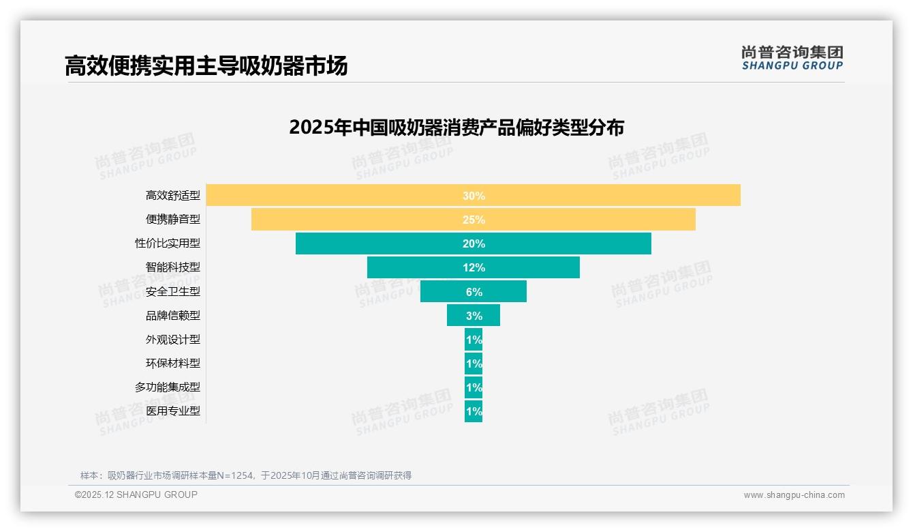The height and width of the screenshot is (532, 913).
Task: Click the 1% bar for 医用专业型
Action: click(474, 411)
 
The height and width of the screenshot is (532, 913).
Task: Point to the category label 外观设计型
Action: click(173, 339)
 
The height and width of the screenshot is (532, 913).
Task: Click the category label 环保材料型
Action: click(173, 363)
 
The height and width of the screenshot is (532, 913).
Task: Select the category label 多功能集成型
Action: click(168, 387)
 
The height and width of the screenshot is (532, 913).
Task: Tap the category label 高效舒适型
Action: click(173, 196)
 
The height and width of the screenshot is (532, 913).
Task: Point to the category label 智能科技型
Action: click(173, 267)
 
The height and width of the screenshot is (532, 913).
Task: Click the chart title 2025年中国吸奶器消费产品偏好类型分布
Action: click(456, 128)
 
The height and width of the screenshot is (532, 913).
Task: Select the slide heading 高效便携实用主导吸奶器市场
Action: click(206, 65)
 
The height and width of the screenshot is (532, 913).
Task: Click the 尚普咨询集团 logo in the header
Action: click(792, 58)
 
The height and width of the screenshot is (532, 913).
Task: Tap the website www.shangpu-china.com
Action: click(794, 495)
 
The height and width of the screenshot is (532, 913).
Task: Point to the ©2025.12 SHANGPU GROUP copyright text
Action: click(136, 494)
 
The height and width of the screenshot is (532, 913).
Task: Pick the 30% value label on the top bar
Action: click(474, 196)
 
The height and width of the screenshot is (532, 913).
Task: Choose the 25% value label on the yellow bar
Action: click(474, 220)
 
